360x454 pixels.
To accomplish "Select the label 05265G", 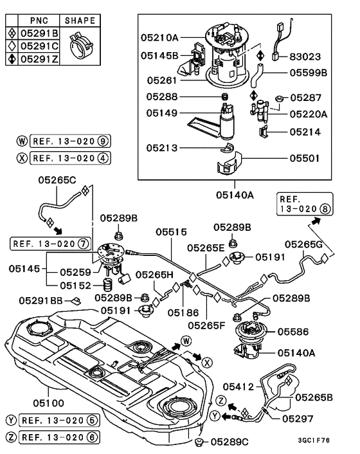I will [304, 244].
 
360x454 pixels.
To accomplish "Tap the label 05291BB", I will [40, 300].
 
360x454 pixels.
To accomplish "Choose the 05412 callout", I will [239, 386].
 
